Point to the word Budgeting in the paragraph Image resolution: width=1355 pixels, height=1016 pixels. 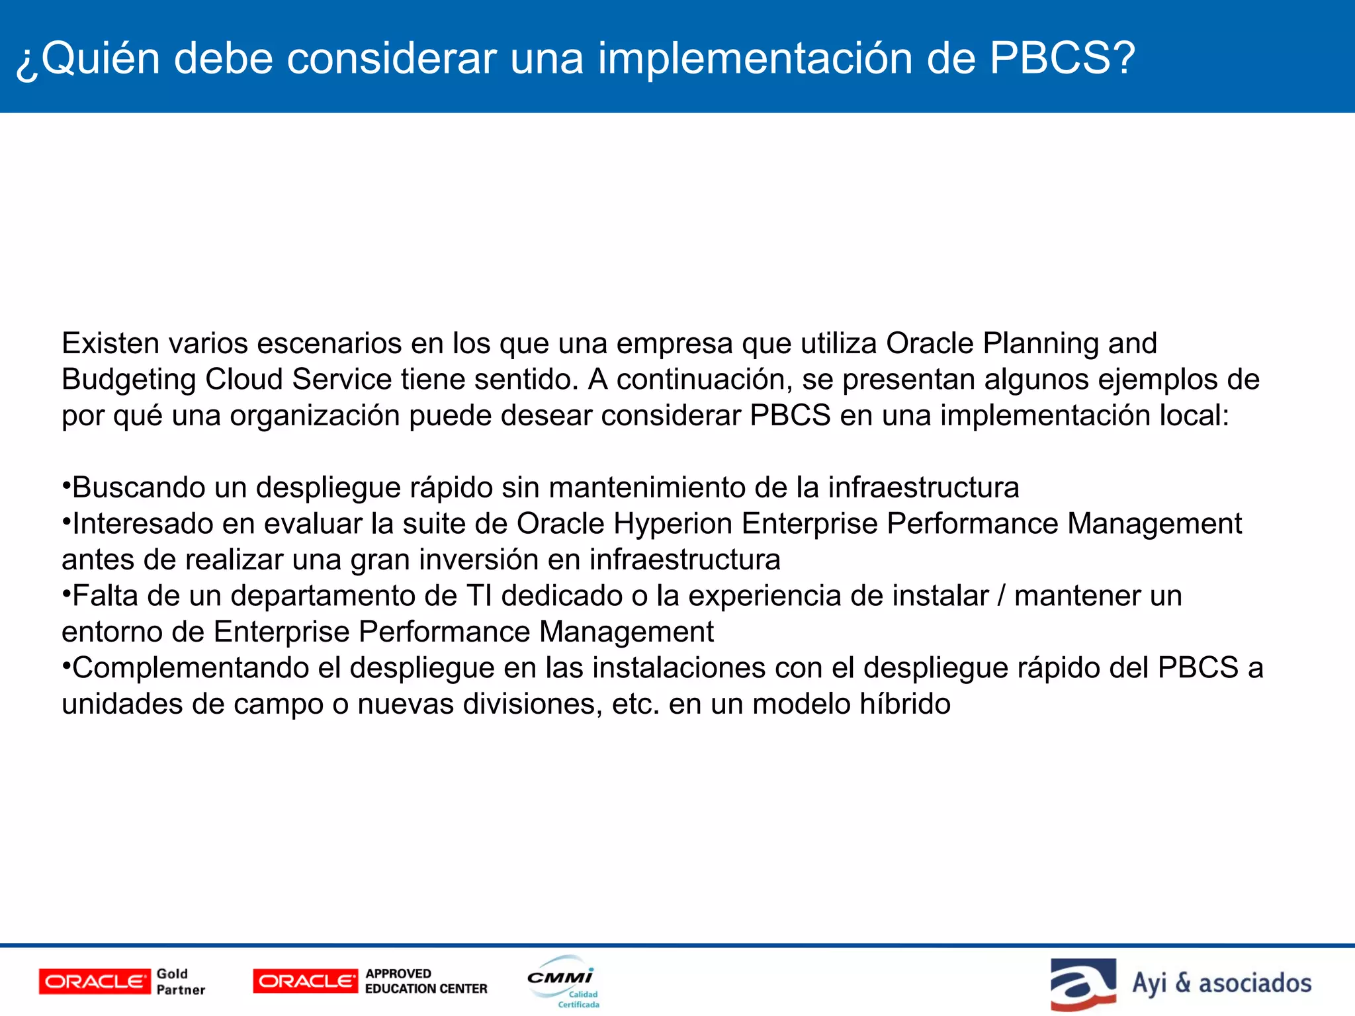[x=128, y=380]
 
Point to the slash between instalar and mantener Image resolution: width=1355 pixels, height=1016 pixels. [x=1001, y=596]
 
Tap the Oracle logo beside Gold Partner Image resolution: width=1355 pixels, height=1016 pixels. [x=95, y=982]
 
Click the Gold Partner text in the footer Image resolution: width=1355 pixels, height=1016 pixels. [x=180, y=982]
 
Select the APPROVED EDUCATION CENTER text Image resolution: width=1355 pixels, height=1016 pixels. [x=425, y=982]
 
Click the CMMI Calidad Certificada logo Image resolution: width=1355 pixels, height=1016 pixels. [x=563, y=982]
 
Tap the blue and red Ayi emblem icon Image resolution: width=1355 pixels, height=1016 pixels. [x=1083, y=984]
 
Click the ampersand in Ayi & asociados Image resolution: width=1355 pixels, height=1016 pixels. [x=1182, y=983]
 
